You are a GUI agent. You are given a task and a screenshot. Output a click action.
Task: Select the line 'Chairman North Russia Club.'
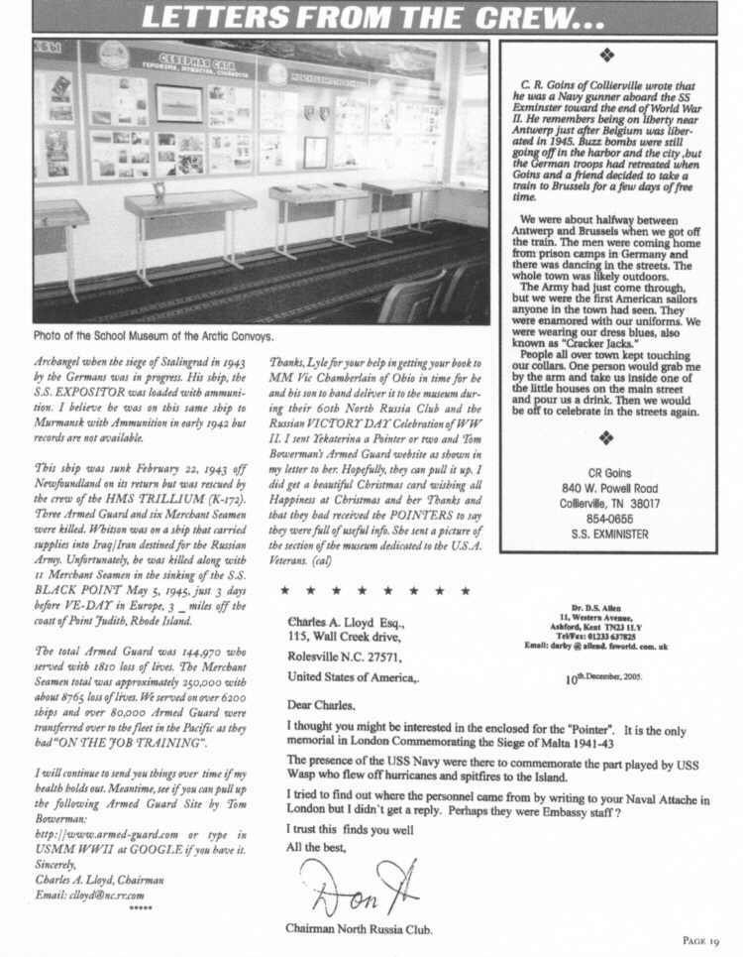[x=359, y=927]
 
